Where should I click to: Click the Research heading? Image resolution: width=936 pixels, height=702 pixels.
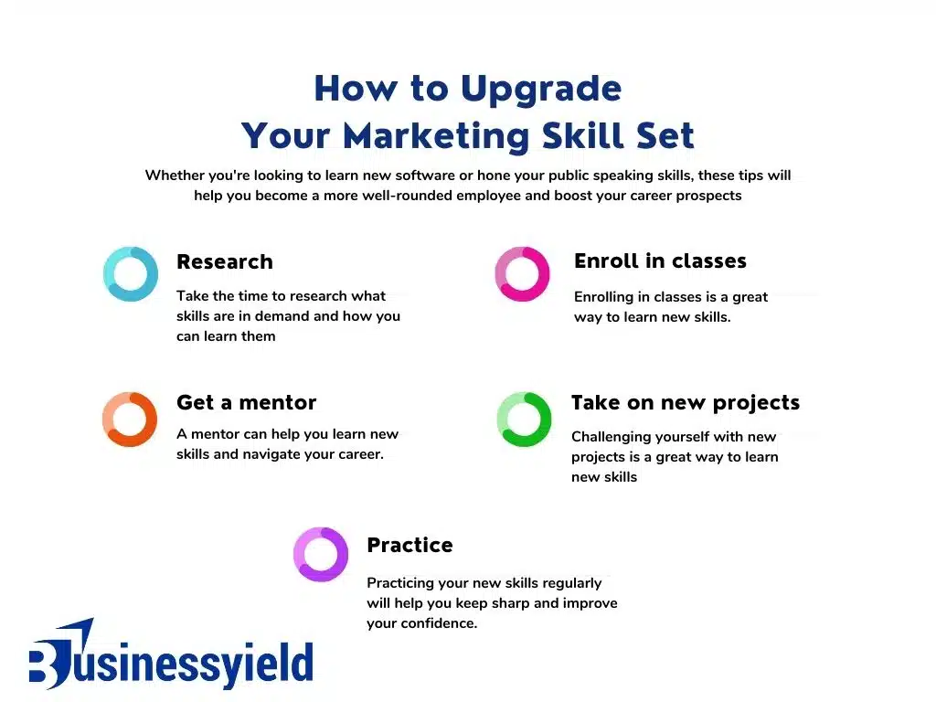(225, 261)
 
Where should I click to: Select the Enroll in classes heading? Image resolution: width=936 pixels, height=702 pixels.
(660, 261)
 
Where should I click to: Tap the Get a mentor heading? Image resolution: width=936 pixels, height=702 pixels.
(247, 403)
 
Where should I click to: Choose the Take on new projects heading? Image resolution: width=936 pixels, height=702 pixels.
(686, 403)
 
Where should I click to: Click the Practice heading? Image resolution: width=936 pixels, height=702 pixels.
(409, 545)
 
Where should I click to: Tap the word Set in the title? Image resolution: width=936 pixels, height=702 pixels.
(665, 135)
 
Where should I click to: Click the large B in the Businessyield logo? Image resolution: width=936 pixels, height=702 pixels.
(52, 664)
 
